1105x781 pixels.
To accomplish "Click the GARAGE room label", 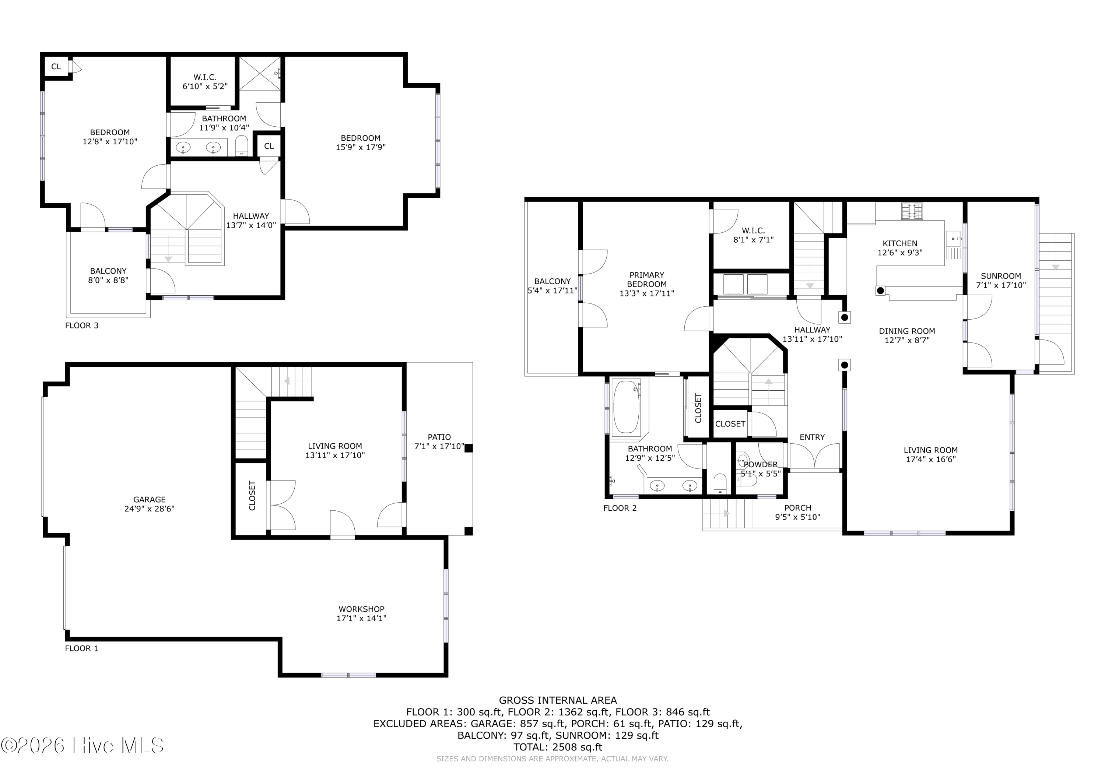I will [x=149, y=499].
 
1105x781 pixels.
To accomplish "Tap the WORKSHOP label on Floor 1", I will [x=361, y=609].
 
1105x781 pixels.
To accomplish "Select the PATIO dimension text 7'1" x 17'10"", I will [x=439, y=447].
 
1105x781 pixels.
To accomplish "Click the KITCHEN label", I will [x=899, y=243].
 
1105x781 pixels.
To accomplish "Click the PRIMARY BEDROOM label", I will [x=646, y=279].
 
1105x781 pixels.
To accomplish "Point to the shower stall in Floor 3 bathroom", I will [x=260, y=73].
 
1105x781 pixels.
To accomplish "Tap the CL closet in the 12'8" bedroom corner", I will [x=56, y=66].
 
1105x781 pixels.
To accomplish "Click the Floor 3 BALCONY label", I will [x=108, y=271].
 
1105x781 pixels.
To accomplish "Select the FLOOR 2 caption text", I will [x=620, y=508].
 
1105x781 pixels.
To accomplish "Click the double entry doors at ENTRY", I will [x=814, y=456].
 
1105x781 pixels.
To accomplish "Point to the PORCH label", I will [x=797, y=508].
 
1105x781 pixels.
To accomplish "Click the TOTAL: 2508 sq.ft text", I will [x=557, y=747].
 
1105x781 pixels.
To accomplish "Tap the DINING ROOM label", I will [x=907, y=331].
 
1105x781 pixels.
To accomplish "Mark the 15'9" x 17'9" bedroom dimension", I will [x=361, y=147].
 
